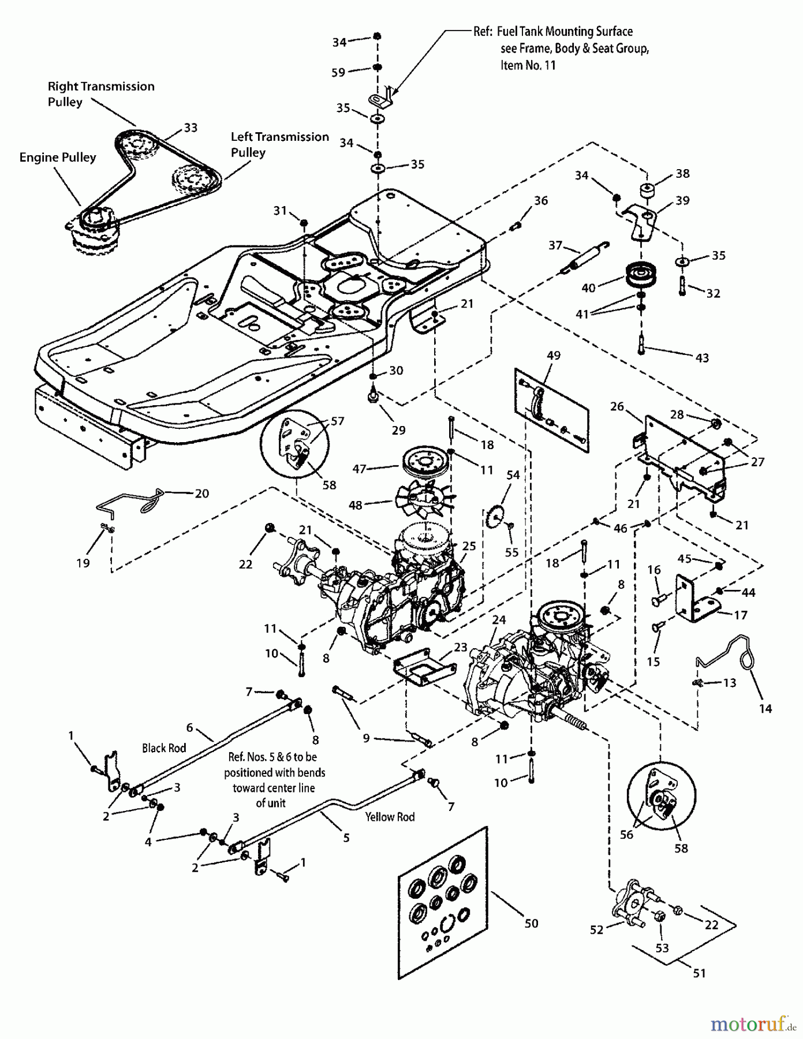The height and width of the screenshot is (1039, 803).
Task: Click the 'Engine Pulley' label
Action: pos(58,158)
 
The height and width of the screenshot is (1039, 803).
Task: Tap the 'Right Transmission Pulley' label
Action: pos(100,94)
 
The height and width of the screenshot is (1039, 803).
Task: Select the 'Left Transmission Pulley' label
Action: pos(279,144)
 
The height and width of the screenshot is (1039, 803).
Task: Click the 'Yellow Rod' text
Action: pos(390,817)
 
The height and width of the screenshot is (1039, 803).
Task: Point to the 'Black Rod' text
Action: pos(164,748)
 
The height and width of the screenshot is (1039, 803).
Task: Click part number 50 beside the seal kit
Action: pos(531,924)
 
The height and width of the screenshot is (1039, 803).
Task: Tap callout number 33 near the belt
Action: pos(191,128)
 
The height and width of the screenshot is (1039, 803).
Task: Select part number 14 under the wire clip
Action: pos(765,709)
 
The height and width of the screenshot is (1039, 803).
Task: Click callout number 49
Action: pos(553,356)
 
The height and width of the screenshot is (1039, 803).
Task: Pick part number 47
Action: pos(359,469)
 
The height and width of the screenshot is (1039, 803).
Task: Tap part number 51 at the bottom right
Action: pos(699,973)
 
